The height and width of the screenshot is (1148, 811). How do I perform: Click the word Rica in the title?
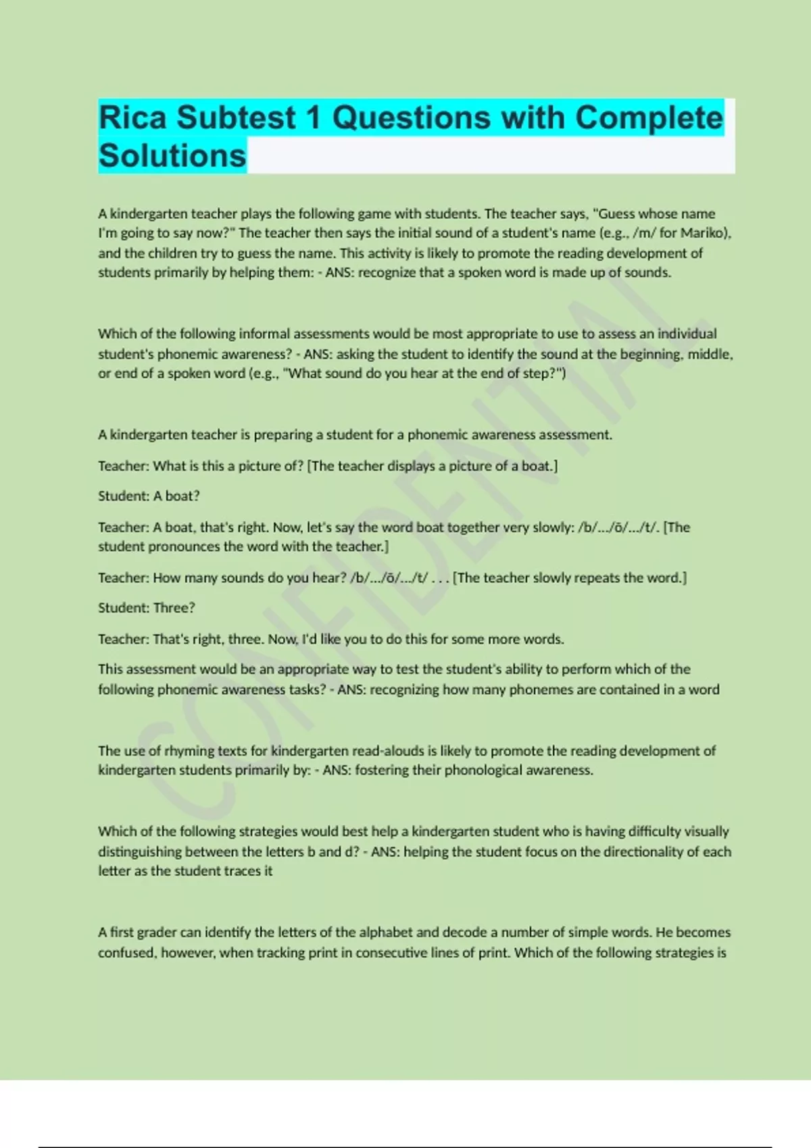pyautogui.click(x=132, y=118)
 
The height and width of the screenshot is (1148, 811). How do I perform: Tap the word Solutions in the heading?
pyautogui.click(x=172, y=156)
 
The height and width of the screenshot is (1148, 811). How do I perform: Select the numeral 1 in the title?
pyautogui.click(x=313, y=118)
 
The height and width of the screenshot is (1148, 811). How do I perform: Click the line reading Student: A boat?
pyautogui.click(x=149, y=496)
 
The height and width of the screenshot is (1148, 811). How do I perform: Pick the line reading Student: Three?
pyautogui.click(x=146, y=608)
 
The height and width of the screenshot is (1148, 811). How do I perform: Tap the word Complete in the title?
pyautogui.click(x=649, y=118)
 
